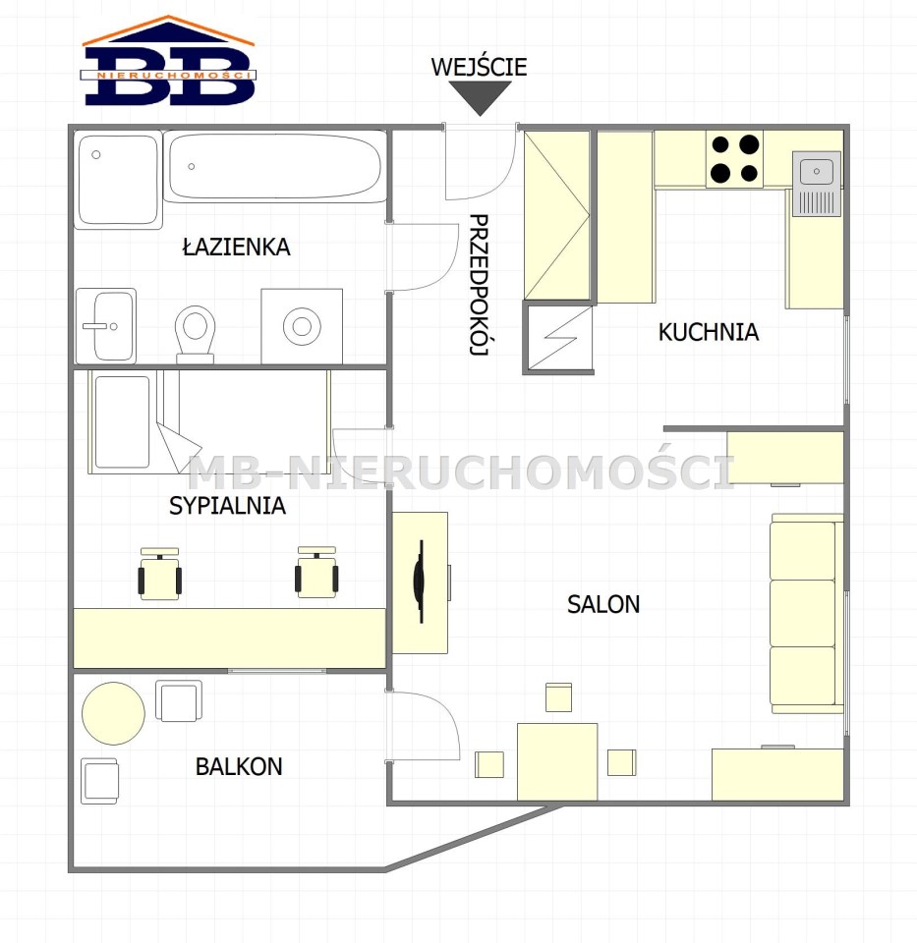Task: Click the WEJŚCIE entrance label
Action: pyautogui.click(x=479, y=66)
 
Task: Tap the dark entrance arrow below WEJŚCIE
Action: pyautogui.click(x=481, y=97)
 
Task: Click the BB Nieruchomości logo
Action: pyautogui.click(x=168, y=61)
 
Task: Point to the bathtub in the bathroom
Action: pyautogui.click(x=275, y=167)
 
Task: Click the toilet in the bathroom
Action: pyautogui.click(x=195, y=334)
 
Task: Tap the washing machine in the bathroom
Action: pyautogui.click(x=302, y=326)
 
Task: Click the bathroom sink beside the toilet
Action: pyautogui.click(x=106, y=326)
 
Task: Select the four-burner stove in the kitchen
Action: pyautogui.click(x=735, y=159)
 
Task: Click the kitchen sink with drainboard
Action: pyautogui.click(x=817, y=184)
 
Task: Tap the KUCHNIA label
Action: pyautogui.click(x=709, y=332)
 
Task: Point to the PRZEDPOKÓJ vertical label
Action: pyautogui.click(x=479, y=285)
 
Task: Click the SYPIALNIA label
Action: pyautogui.click(x=227, y=506)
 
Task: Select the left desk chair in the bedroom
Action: pyautogui.click(x=159, y=574)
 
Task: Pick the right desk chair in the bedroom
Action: pyautogui.click(x=316, y=572)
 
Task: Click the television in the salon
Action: pyautogui.click(x=420, y=581)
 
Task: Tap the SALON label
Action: pyautogui.click(x=603, y=604)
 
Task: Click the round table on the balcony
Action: pyautogui.click(x=113, y=713)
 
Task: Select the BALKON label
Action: pyautogui.click(x=239, y=766)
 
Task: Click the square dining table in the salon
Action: pyautogui.click(x=557, y=762)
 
